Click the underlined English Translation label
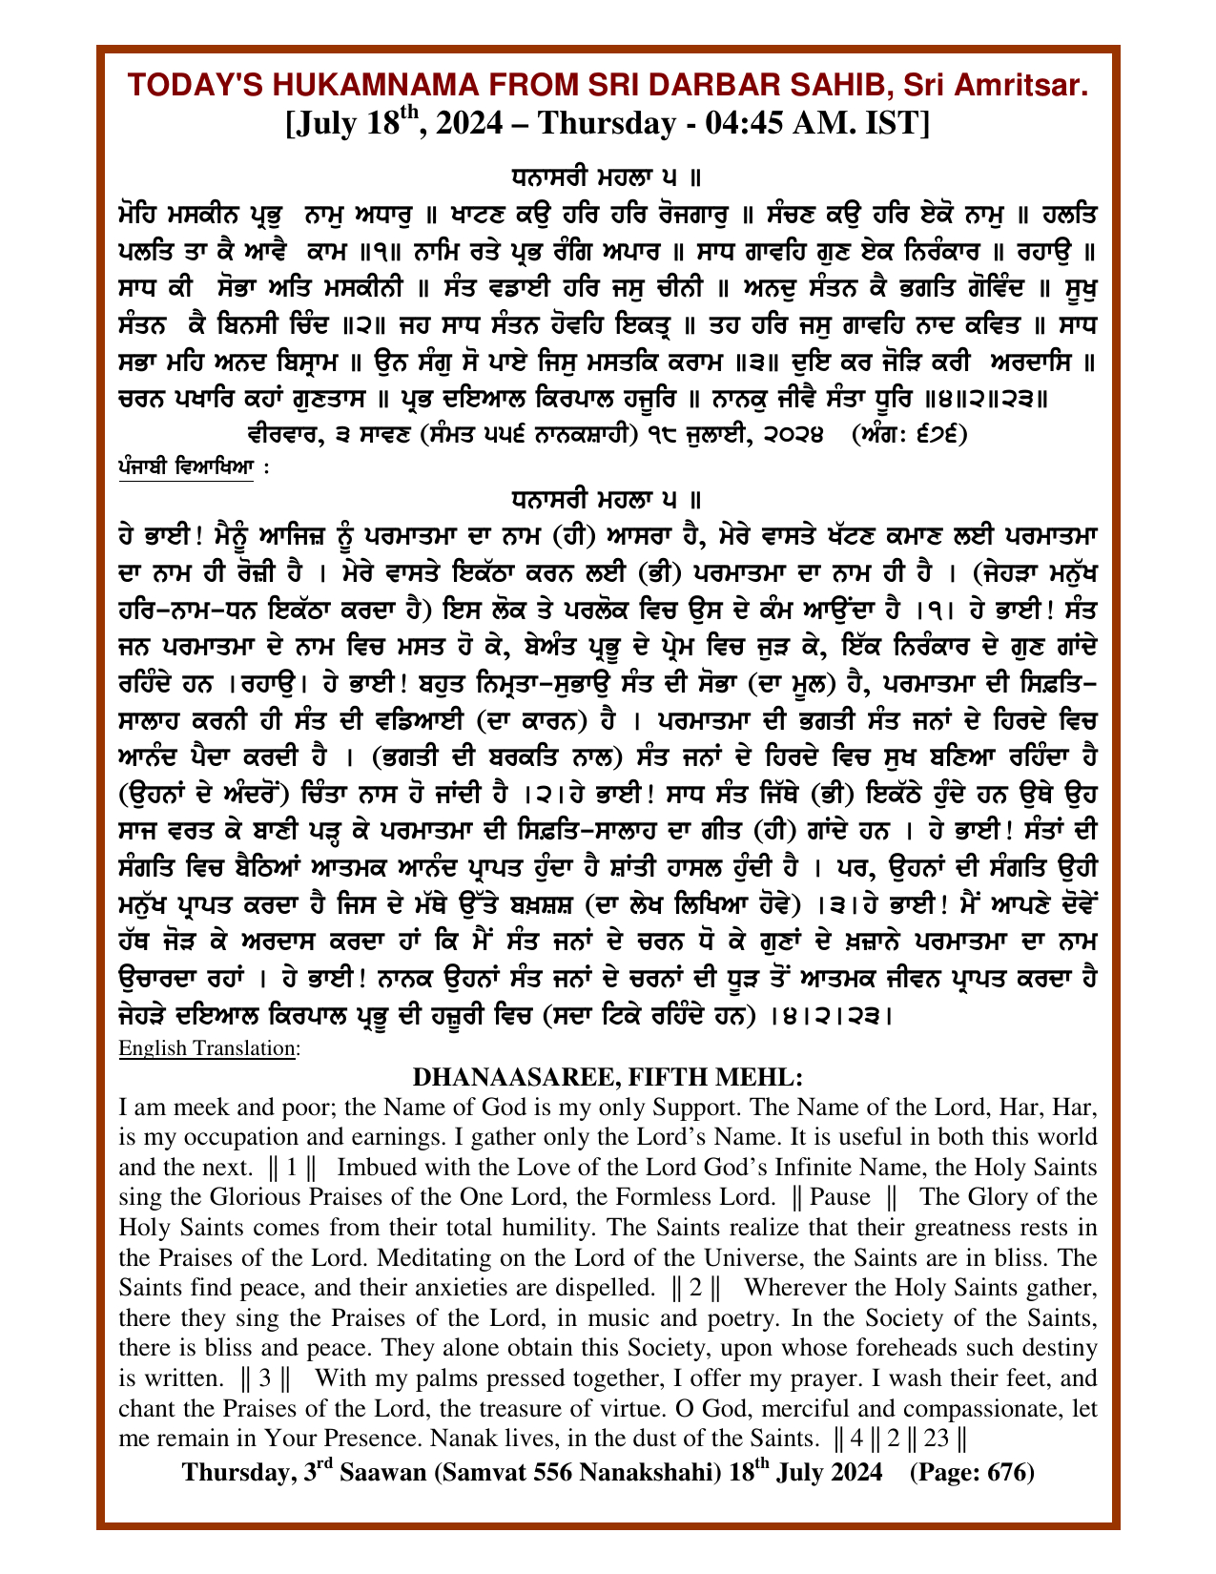click(x=208, y=1048)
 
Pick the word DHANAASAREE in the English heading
click(x=496, y=1078)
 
